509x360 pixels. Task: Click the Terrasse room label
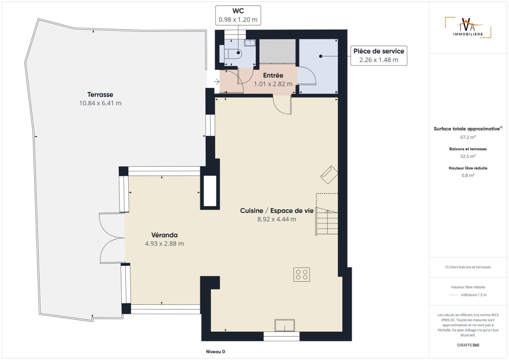tap(100, 95)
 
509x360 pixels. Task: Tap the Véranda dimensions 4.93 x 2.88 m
tap(164, 244)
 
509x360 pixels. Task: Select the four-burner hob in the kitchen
tap(301, 275)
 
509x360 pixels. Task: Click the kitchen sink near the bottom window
tap(284, 325)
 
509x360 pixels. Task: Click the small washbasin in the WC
tap(250, 43)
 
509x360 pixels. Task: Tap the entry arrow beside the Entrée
tap(217, 81)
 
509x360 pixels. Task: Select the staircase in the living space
tap(327, 221)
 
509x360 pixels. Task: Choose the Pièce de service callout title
tap(379, 51)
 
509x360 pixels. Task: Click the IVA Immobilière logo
tap(468, 27)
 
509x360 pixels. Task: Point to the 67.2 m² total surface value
tap(468, 137)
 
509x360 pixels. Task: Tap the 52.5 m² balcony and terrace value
tap(468, 156)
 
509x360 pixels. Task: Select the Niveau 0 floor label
tap(216, 352)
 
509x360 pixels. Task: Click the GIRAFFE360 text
tap(468, 345)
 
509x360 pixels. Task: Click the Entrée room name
tap(273, 75)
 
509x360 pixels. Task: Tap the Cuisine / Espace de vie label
tap(276, 211)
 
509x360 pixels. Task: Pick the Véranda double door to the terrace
tap(112, 238)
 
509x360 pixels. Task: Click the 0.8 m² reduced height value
tap(468, 176)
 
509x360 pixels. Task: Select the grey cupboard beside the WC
tap(278, 51)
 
